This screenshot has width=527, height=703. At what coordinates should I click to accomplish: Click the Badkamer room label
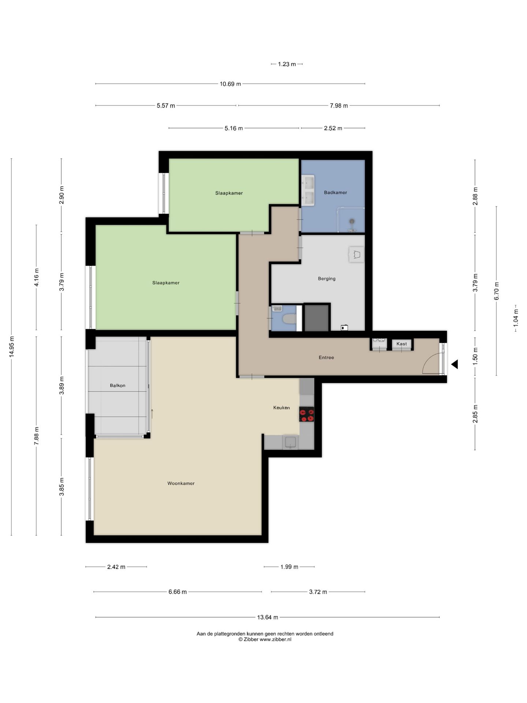coord(335,193)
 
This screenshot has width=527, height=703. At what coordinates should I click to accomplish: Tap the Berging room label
coord(326,279)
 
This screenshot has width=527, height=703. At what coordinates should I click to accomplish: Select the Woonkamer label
coord(181,483)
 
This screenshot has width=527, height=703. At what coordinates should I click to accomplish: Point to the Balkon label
coord(117,386)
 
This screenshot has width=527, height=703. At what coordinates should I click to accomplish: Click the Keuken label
coord(281,408)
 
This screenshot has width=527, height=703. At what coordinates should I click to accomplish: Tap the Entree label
coord(326,357)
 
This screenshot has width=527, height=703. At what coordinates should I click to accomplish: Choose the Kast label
coord(401,344)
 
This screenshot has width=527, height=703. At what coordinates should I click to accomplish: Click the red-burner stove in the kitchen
coord(307,414)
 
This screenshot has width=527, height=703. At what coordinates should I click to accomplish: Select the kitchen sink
coord(290,442)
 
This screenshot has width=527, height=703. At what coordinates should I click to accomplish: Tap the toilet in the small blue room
coord(289,319)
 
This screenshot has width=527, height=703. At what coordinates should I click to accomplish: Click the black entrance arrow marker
coord(455,364)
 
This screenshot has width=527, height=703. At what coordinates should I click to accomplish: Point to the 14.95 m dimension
coord(11,347)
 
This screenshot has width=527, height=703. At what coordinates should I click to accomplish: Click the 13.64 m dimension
coord(268,617)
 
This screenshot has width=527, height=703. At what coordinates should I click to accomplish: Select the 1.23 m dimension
coord(287,64)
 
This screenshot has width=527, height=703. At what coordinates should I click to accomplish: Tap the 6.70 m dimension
coord(497,291)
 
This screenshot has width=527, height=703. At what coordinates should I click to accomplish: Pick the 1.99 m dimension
coord(289,567)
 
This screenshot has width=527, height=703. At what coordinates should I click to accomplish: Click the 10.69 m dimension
coord(230,84)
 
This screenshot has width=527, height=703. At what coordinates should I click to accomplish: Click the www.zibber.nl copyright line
coord(265,640)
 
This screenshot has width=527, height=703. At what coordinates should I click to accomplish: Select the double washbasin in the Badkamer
coord(308,190)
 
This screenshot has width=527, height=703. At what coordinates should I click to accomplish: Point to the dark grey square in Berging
coord(317,317)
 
